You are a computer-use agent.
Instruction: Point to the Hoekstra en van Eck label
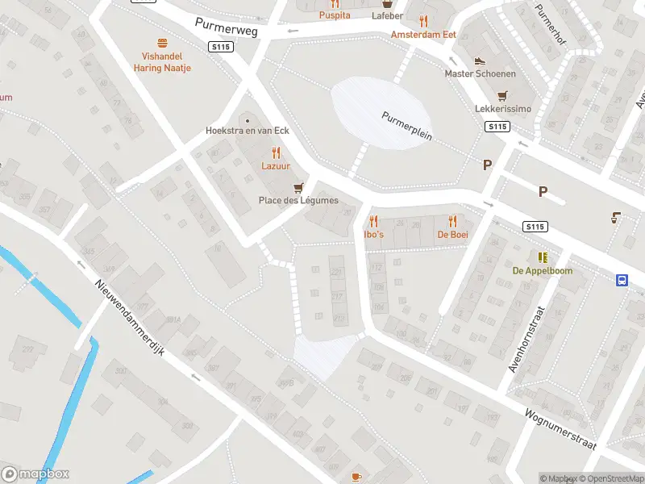coord(248,131)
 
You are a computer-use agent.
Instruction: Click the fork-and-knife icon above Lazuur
coord(276,152)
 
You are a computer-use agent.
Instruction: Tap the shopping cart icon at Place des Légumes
coord(298,187)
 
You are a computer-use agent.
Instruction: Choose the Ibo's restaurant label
coord(373,234)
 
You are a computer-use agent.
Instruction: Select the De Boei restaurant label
coord(452,234)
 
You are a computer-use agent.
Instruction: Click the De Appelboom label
coord(543,271)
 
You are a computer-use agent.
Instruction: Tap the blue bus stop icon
coord(622,281)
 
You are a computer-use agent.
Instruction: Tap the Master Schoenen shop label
coord(480,73)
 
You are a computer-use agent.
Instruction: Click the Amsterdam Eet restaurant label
coord(423,35)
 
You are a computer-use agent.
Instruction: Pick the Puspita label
coord(335,15)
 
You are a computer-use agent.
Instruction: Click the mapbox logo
coord(35,474)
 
